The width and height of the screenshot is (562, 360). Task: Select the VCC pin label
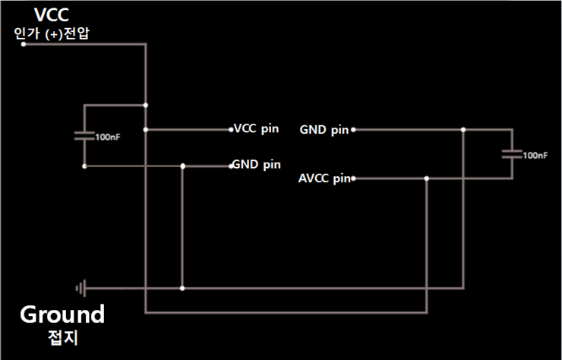(256, 128)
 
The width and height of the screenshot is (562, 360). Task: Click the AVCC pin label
(325, 179)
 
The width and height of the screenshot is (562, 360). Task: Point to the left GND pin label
(257, 164)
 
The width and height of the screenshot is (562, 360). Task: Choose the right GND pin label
(324, 130)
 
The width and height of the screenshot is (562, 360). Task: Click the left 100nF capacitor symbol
(84, 136)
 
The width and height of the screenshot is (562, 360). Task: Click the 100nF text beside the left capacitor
(107, 137)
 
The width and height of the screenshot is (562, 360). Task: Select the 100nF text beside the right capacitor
(535, 155)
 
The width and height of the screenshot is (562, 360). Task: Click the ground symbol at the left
(81, 289)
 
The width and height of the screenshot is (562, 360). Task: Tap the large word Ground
(62, 314)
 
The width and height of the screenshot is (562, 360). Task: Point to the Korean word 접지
(62, 336)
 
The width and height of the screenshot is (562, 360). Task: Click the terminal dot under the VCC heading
(24, 44)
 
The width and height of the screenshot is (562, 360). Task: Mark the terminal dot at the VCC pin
(230, 129)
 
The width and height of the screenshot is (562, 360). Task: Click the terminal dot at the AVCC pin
(354, 179)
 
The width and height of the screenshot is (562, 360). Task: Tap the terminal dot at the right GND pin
(353, 130)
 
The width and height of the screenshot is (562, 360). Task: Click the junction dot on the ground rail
(183, 289)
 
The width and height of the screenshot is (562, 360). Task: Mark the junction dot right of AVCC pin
(427, 179)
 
